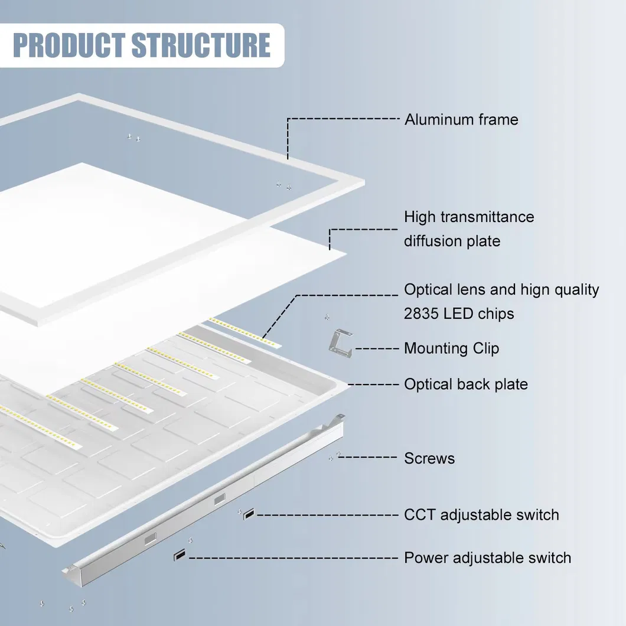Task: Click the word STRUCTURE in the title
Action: pos(201,45)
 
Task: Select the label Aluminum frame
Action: pos(461,119)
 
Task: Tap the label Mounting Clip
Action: pos(451,348)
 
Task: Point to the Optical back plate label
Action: pos(465,384)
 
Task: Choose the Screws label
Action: pos(429,458)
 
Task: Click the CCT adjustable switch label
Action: pos(481,514)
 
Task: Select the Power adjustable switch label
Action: pos(487,557)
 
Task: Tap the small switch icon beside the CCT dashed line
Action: pos(249,514)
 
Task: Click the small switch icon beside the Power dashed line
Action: pos(178,556)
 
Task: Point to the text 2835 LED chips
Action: pos(459,314)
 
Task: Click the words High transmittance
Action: pos(469,217)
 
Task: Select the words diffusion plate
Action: pos(452,241)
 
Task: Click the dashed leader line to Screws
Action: pos(369,457)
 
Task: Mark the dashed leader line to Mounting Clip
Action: pos(377,348)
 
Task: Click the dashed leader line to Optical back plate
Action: pos(375,384)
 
